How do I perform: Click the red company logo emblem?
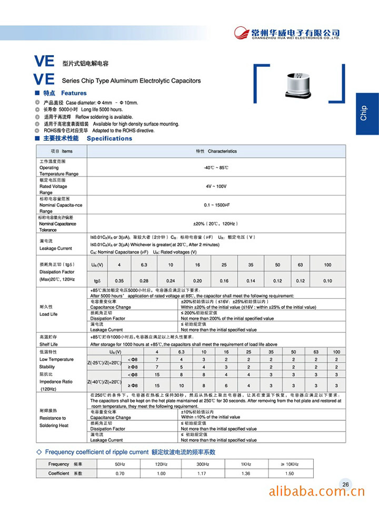[242, 33]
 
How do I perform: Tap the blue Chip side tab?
[367, 113]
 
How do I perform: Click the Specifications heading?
[109, 139]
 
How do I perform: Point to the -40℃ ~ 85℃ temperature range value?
[216, 167]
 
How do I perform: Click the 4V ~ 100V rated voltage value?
[216, 186]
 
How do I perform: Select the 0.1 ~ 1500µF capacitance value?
[216, 204]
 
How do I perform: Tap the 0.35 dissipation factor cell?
[119, 281]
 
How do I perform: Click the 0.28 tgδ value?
[144, 281]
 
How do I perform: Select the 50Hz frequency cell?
[120, 464]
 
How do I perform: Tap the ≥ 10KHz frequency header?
[290, 464]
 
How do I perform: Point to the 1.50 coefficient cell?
[290, 473]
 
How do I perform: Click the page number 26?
[346, 484]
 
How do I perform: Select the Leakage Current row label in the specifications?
[55, 248]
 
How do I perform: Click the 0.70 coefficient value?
[120, 473]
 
